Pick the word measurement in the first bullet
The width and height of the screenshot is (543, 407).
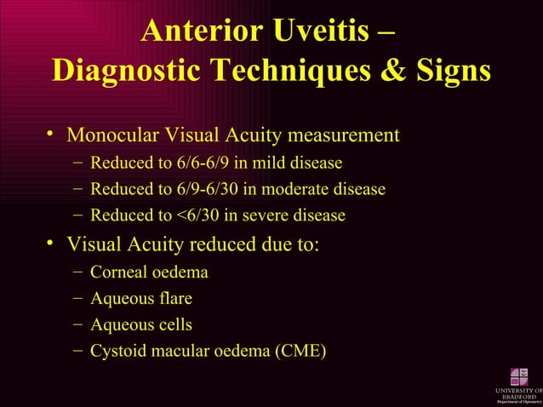pos(345,135)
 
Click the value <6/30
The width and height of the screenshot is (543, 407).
pos(193,215)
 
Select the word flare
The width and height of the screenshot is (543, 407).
pos(174,299)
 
